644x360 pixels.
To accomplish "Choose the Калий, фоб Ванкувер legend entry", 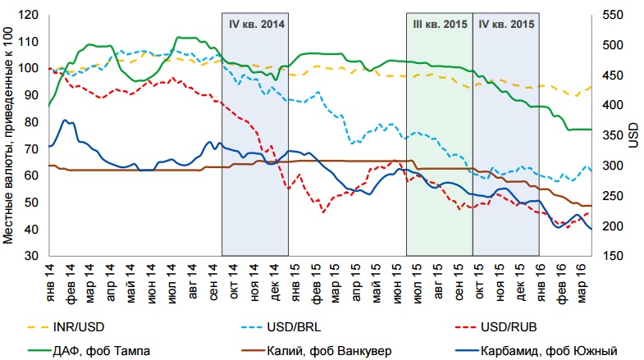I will click(322, 351).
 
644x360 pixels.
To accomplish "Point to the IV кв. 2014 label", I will click(255, 24).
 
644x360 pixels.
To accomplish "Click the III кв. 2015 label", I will click(440, 24).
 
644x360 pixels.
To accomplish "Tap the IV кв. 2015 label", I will click(506, 24).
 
